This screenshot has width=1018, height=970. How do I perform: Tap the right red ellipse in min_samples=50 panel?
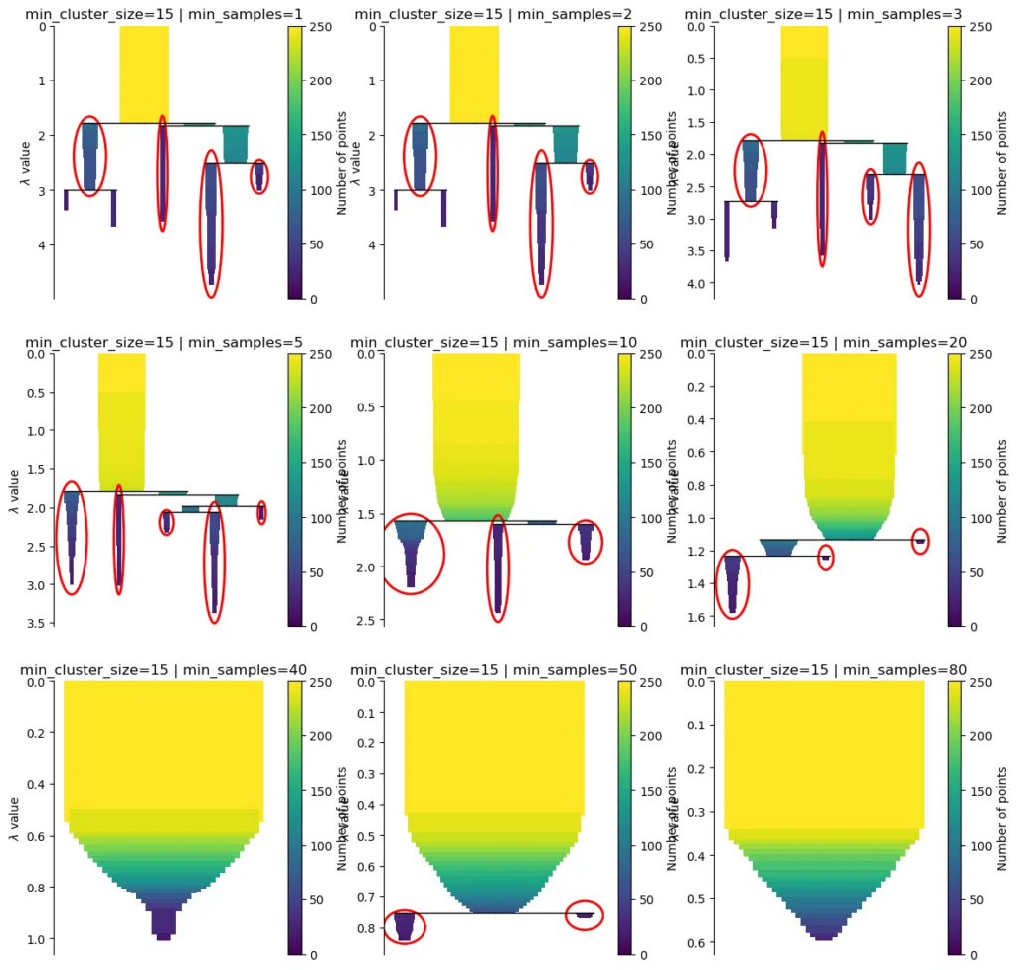[585, 915]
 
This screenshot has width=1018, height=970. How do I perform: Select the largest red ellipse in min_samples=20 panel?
[733, 584]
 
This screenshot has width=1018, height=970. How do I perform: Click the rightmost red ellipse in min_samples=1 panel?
[259, 176]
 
